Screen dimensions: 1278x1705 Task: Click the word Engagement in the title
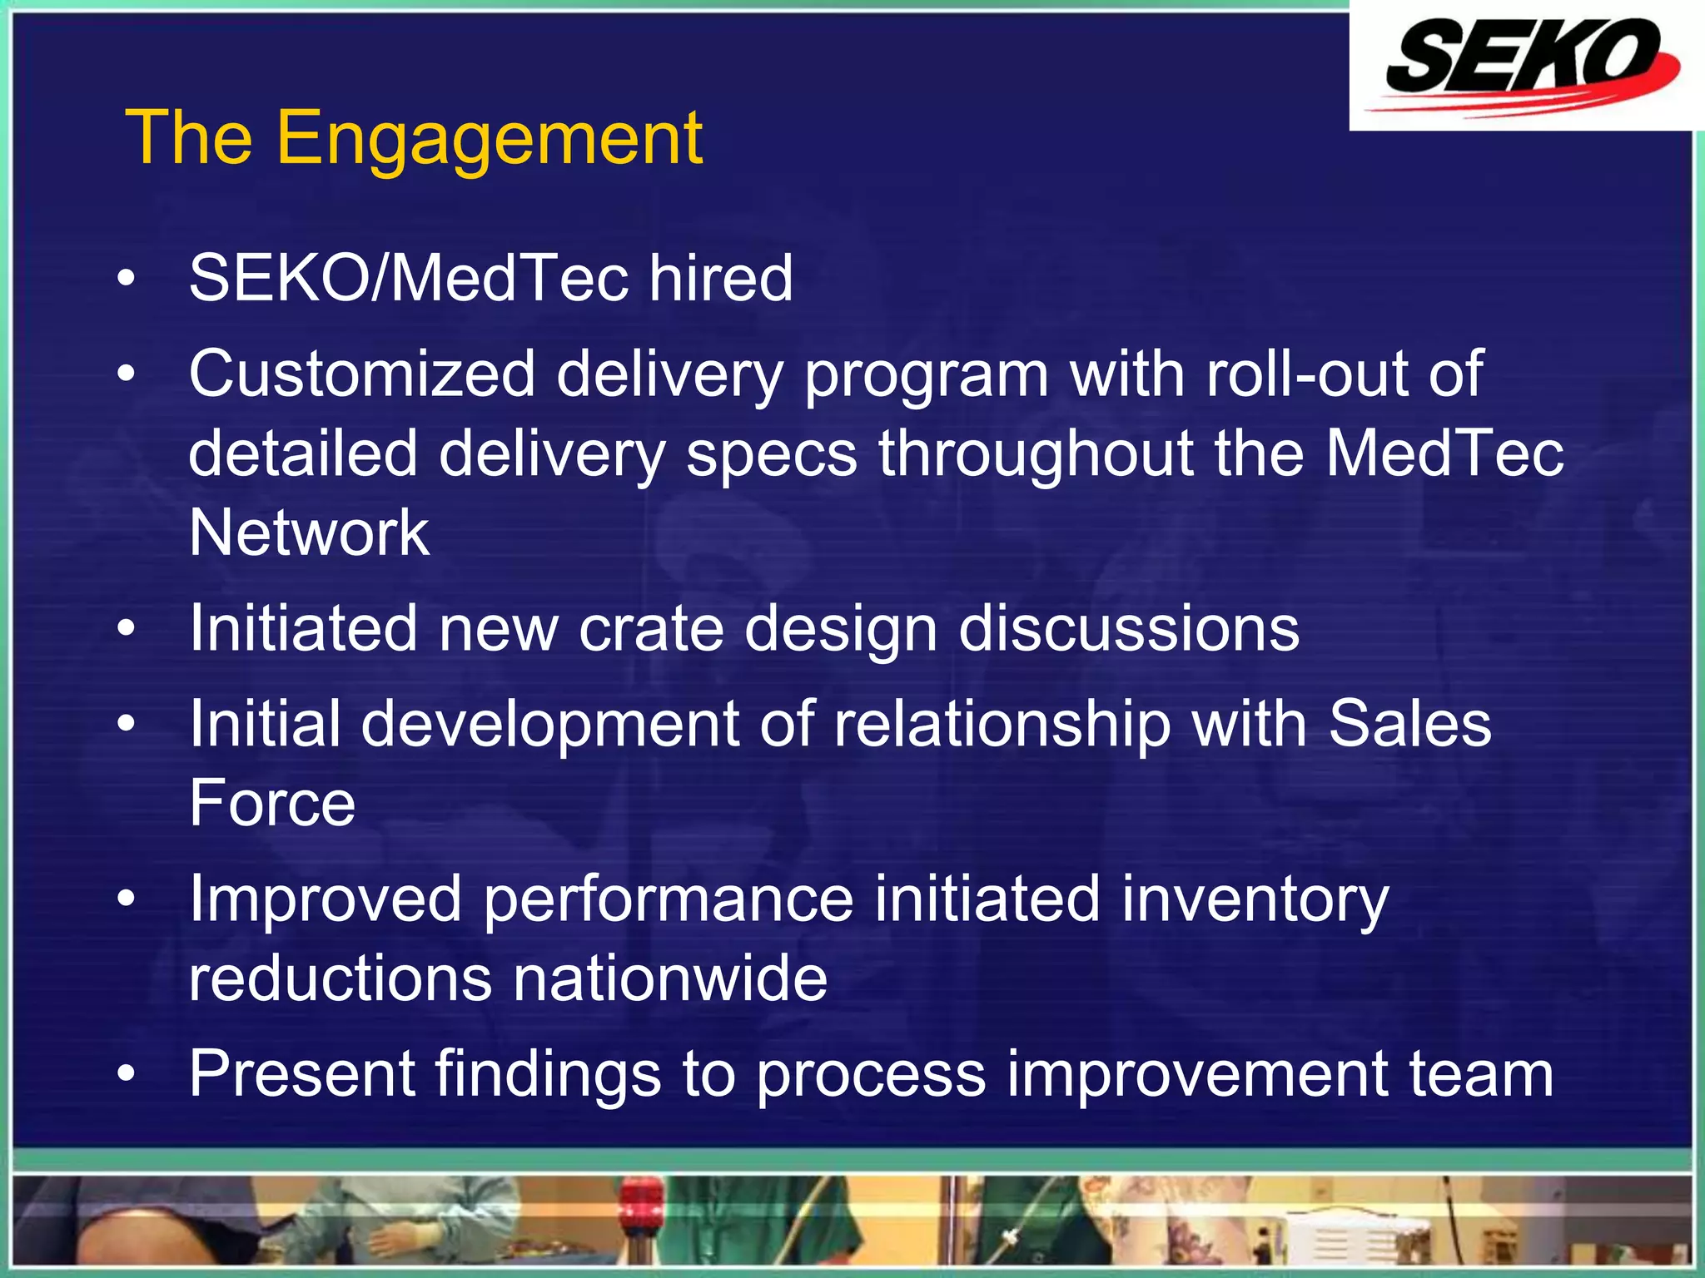click(x=490, y=140)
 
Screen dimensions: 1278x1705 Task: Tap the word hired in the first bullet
click(x=721, y=278)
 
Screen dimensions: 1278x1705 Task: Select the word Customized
click(x=362, y=374)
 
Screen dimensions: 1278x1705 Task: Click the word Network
click(x=309, y=532)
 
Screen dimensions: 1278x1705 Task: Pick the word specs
click(x=772, y=455)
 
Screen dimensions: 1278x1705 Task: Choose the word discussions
click(x=1129, y=628)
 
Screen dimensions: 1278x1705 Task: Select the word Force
click(x=272, y=803)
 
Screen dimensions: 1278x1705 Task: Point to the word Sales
click(x=1409, y=724)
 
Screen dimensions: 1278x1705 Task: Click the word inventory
click(x=1255, y=900)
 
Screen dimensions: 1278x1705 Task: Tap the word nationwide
click(x=670, y=978)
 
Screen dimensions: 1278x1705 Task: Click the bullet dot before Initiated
click(x=126, y=629)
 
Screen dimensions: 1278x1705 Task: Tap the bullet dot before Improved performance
click(x=126, y=899)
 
